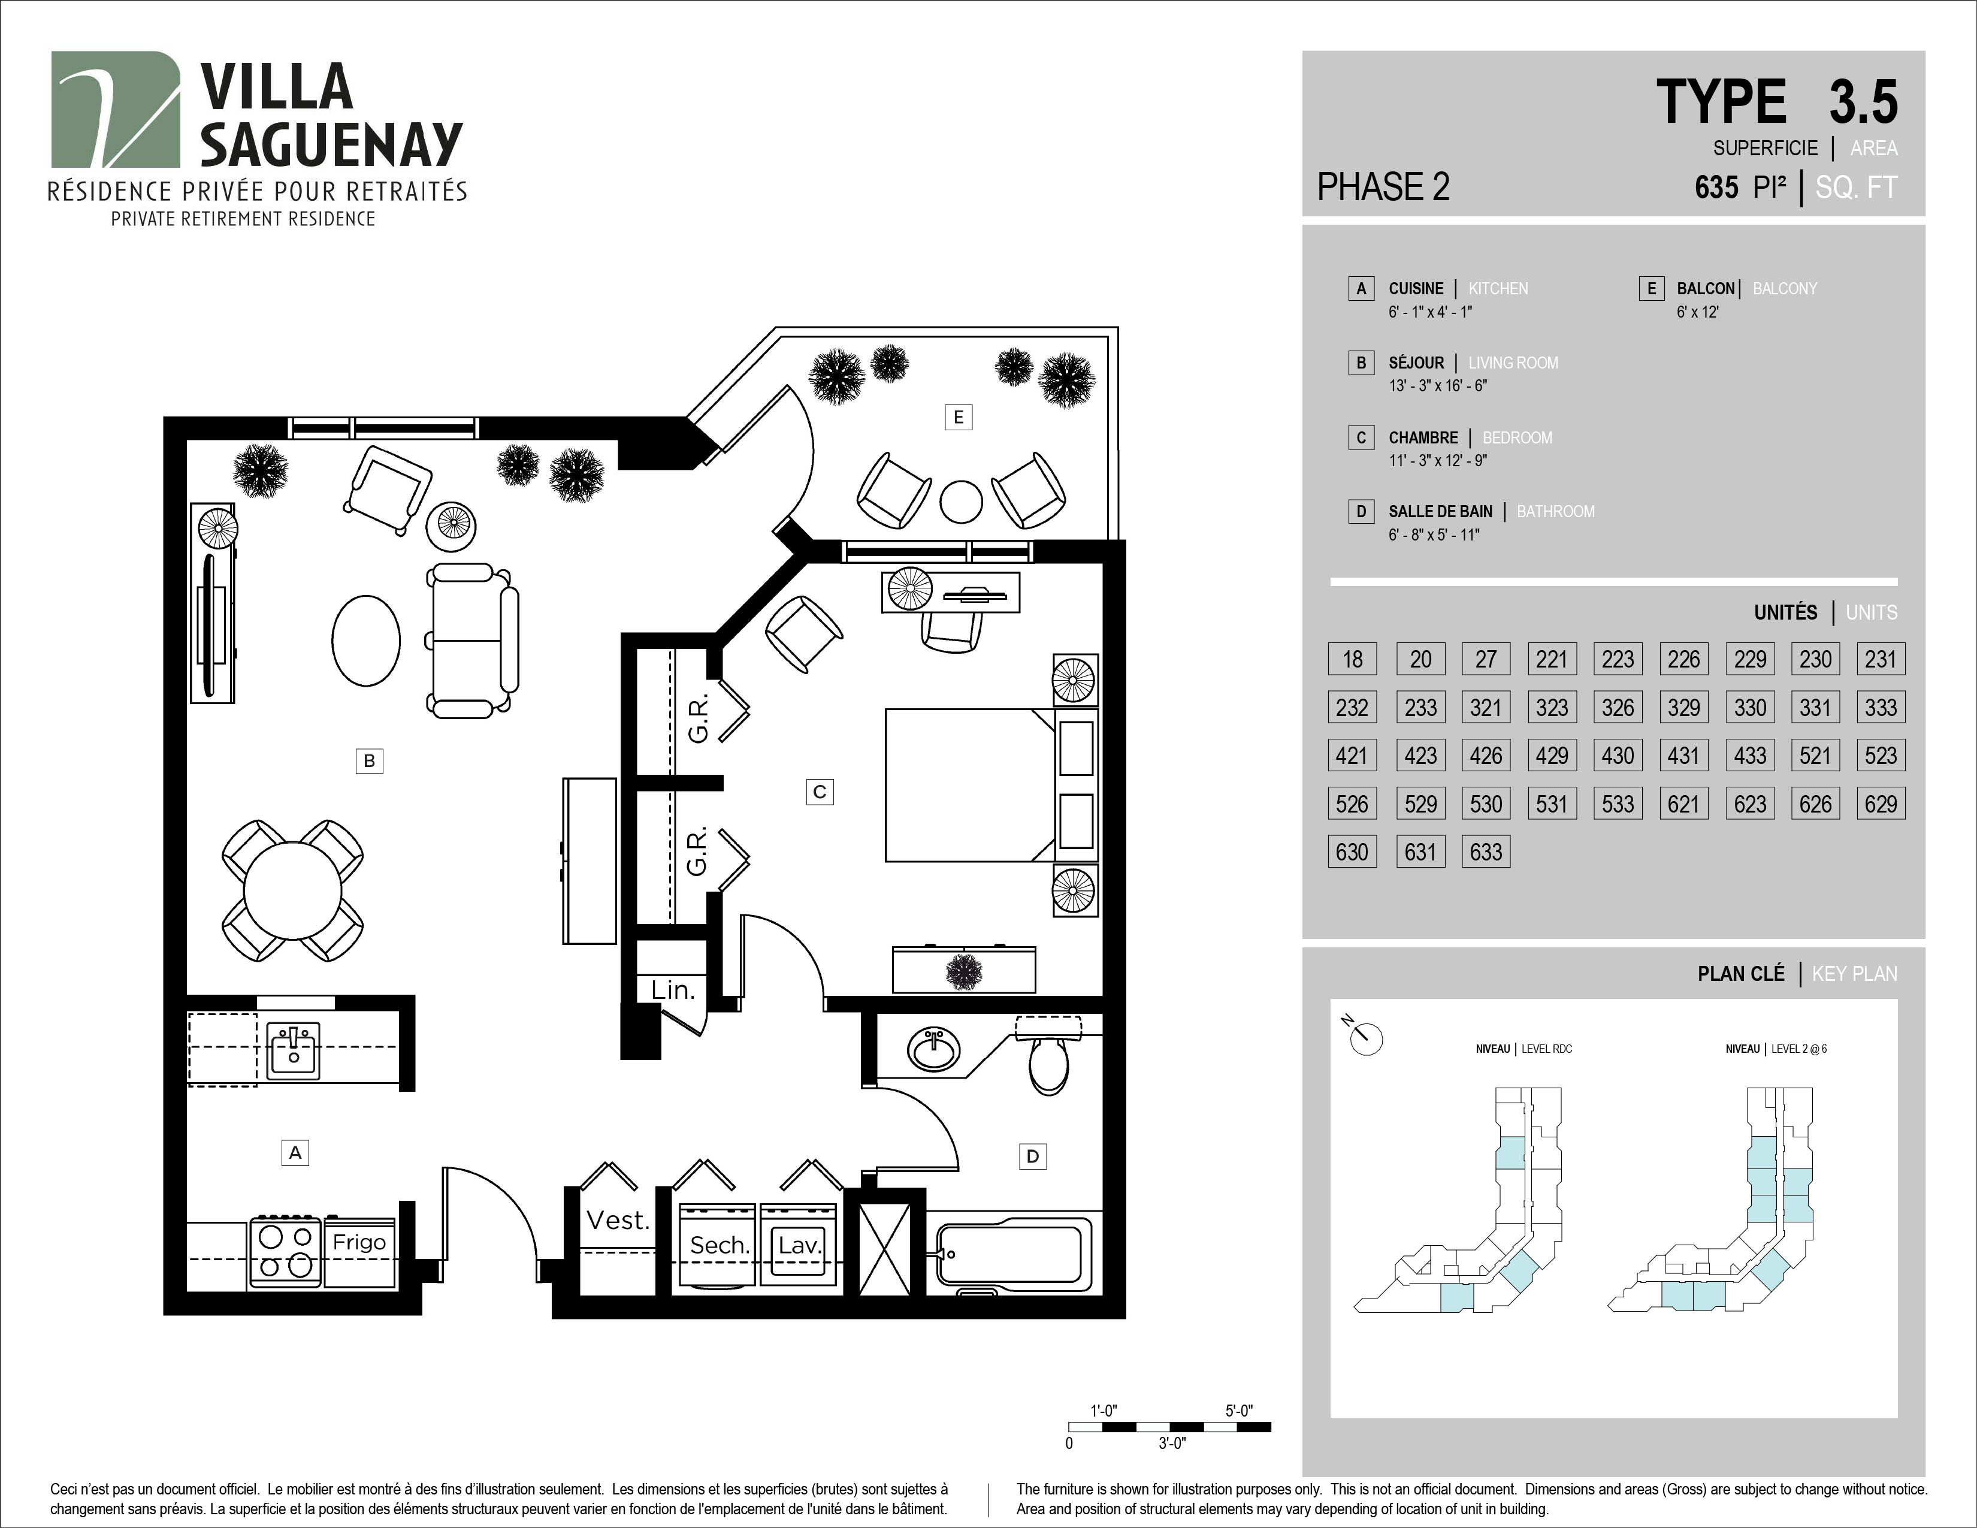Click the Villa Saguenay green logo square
click(x=115, y=110)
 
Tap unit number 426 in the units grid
click(x=1486, y=755)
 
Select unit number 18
click(x=1352, y=659)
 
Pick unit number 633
click(x=1486, y=852)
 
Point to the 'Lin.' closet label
click(x=673, y=991)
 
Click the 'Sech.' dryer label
click(x=720, y=1246)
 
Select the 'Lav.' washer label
click(x=799, y=1246)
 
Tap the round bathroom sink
click(x=934, y=1049)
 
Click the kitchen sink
click(x=294, y=1049)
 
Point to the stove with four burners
click(x=285, y=1251)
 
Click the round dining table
click(x=292, y=890)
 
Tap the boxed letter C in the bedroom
click(x=819, y=792)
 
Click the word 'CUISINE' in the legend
click(x=1416, y=289)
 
